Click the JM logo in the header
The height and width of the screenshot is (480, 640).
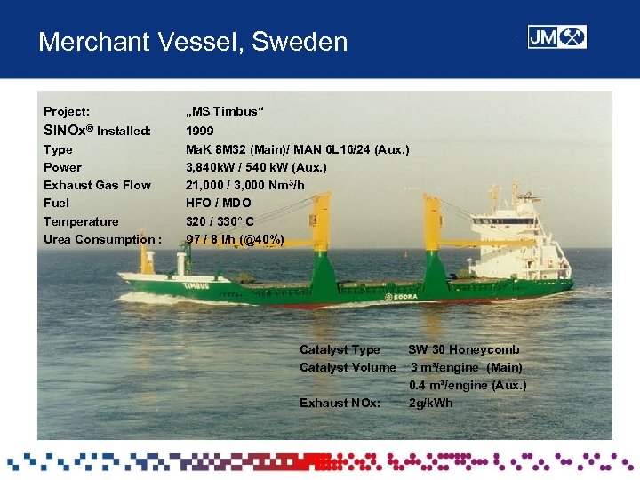point(556,37)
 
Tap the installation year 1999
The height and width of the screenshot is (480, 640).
point(200,131)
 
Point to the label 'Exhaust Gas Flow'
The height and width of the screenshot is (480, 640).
point(97,185)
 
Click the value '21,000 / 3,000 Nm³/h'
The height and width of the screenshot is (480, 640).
point(244,185)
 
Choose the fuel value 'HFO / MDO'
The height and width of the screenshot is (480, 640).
point(218,203)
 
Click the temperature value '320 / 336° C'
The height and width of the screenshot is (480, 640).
point(220,221)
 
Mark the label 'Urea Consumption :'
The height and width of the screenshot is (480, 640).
point(102,239)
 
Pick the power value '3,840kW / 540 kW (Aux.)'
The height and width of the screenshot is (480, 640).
point(256,167)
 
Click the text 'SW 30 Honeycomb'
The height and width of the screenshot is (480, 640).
point(463,349)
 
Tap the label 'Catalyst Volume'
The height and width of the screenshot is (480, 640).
point(348,367)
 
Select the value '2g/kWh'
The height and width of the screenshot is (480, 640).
point(430,403)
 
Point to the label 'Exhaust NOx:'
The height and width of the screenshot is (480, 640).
point(340,403)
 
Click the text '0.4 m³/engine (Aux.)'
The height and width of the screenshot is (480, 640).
point(468,385)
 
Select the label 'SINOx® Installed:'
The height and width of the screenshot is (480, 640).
point(97,131)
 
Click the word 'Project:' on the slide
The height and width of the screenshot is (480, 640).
point(67,112)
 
